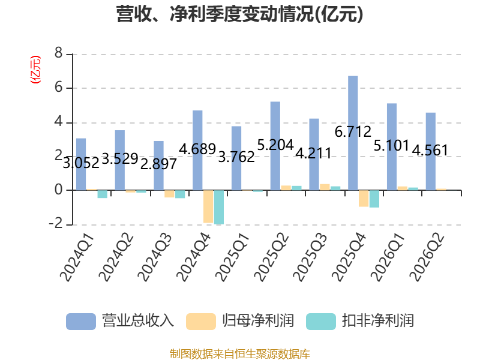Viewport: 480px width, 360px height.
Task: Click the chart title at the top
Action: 239,14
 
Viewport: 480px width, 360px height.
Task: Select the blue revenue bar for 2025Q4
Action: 353,133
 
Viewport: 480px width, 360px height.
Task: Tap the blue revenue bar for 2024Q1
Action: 81,164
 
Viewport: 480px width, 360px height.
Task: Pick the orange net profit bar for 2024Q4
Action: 208,206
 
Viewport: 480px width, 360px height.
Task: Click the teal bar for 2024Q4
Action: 219,207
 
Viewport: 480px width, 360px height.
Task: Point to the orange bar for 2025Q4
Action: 364,199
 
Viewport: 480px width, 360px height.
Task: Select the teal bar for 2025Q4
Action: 374,199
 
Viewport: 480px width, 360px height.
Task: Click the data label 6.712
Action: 353,132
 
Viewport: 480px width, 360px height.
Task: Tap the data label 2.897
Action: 158,164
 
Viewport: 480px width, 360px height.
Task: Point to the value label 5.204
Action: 275,145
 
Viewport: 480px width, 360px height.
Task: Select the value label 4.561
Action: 430,151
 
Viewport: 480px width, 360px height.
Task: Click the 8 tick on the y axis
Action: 58,53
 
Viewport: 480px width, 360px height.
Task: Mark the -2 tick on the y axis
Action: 56,224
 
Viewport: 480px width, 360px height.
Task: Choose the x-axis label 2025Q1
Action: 232,257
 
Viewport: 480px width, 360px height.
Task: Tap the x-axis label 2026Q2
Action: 427,257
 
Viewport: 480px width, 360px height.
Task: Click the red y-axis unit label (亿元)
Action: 35,70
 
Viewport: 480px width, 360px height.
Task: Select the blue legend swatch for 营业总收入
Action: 81,322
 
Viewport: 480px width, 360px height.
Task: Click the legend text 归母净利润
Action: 258,321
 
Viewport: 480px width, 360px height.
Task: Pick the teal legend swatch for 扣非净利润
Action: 321,322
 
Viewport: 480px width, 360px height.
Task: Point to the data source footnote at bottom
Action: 239,354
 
